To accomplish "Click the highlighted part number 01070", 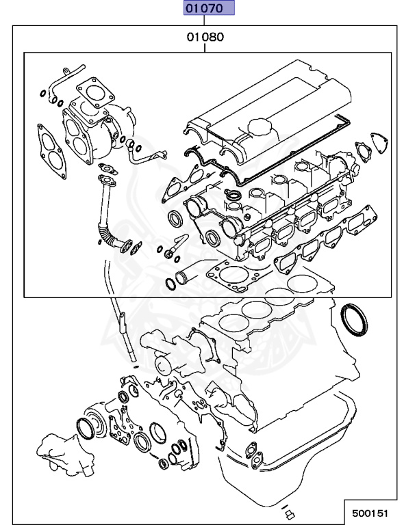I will pyautogui.click(x=208, y=8).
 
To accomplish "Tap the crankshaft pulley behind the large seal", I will pyautogui.click(x=103, y=420).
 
